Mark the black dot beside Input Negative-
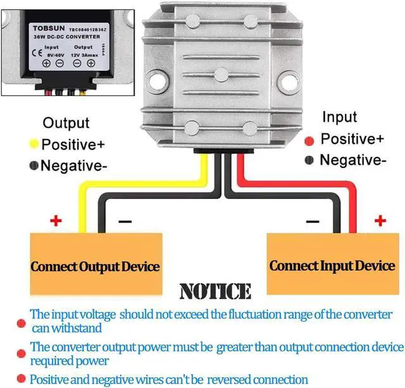310,161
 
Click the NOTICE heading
215,291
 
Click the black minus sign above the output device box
125,222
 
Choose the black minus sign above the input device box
311,222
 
